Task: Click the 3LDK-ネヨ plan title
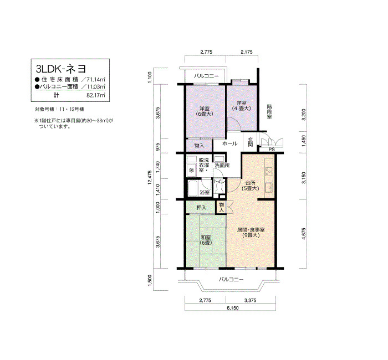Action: (x=61, y=69)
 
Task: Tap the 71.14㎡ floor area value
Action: (x=95, y=80)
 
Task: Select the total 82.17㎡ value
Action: (x=96, y=95)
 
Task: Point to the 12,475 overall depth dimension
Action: (x=150, y=179)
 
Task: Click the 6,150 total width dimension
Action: (x=233, y=308)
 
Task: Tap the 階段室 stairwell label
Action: (x=269, y=112)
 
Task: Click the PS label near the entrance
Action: (x=272, y=150)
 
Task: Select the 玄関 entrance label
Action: (x=251, y=142)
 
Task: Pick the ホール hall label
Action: (x=229, y=143)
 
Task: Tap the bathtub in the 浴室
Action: (x=193, y=188)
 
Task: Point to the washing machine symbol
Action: (x=191, y=171)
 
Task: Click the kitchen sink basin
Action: (x=269, y=188)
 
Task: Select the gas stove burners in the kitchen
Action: (x=269, y=172)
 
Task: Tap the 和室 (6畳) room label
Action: (x=206, y=240)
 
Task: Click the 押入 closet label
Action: (x=201, y=208)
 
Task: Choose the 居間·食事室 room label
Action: (x=251, y=233)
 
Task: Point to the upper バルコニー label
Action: (x=206, y=76)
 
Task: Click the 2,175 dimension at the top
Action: (x=247, y=52)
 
